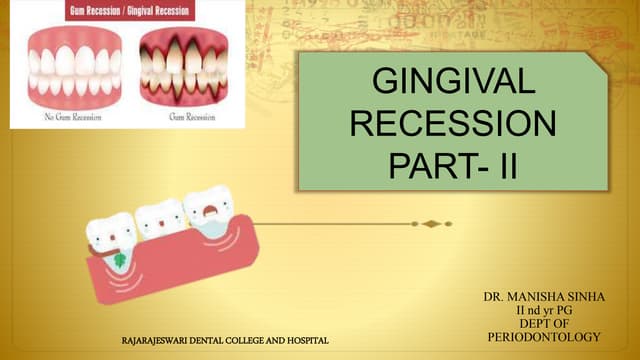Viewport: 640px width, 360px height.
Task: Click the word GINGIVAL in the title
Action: click(446, 85)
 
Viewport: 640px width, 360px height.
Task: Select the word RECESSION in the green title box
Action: click(446, 125)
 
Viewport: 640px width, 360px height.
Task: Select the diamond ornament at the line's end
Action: click(431, 224)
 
